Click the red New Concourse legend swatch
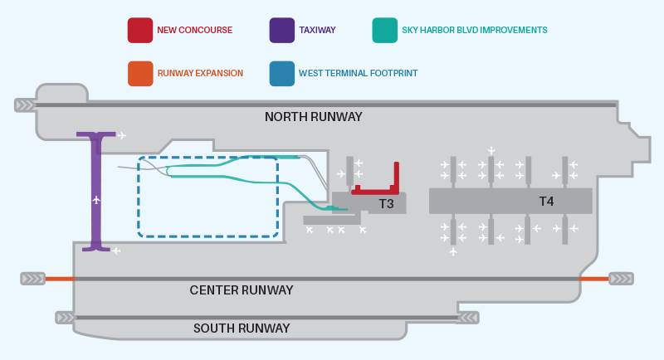[x=140, y=30]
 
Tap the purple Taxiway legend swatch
[x=282, y=30]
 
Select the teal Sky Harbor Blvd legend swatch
[x=385, y=30]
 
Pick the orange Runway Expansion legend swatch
[x=140, y=74]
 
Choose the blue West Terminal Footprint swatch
[x=282, y=74]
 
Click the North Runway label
[x=314, y=117]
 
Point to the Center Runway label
[x=242, y=290]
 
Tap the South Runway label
[x=242, y=328]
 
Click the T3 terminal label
[x=386, y=204]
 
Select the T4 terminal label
[x=546, y=202]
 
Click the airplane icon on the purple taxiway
[x=96, y=199]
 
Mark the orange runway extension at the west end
[x=60, y=279]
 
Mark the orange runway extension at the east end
[x=593, y=279]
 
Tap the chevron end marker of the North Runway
[x=26, y=105]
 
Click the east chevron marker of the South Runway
[x=468, y=317]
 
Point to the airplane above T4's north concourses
[x=491, y=150]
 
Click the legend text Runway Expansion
[x=200, y=73]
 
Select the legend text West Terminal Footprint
[x=359, y=73]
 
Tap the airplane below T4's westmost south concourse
[x=453, y=252]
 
